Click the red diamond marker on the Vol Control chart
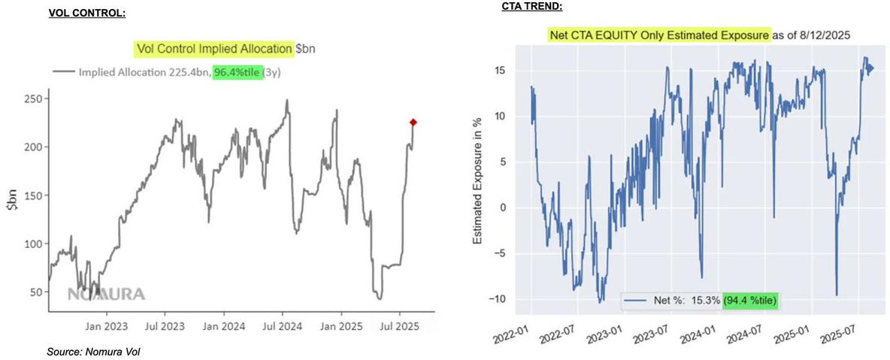tap(413, 122)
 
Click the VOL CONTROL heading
tap(87, 13)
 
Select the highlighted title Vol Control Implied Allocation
tap(214, 49)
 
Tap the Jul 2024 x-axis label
tap(283, 328)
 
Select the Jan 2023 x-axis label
tap(106, 328)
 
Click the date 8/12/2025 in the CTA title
tap(826, 35)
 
